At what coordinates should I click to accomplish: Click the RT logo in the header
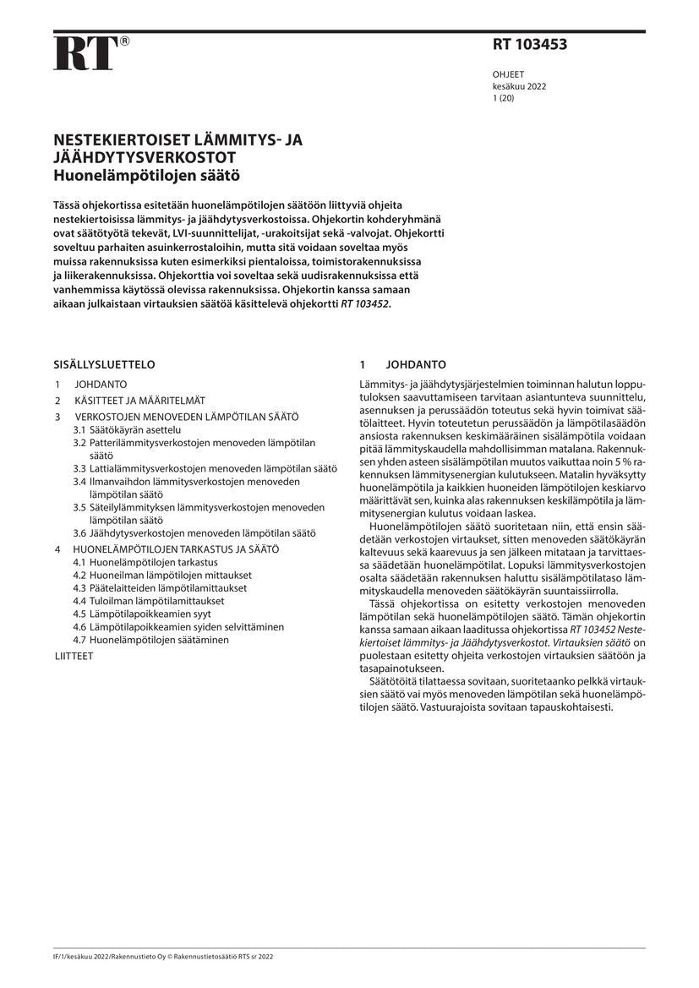(x=84, y=53)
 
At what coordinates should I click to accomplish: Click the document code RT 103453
(x=530, y=46)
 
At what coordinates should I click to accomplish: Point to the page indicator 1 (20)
(x=503, y=98)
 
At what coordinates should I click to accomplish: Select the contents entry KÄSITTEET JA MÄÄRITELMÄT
(x=139, y=401)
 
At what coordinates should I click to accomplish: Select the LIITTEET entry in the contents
(x=74, y=655)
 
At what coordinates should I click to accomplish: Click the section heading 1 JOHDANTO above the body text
(x=403, y=365)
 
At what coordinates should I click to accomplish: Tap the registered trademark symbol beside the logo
(x=124, y=41)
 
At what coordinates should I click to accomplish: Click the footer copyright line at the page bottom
(x=163, y=956)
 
